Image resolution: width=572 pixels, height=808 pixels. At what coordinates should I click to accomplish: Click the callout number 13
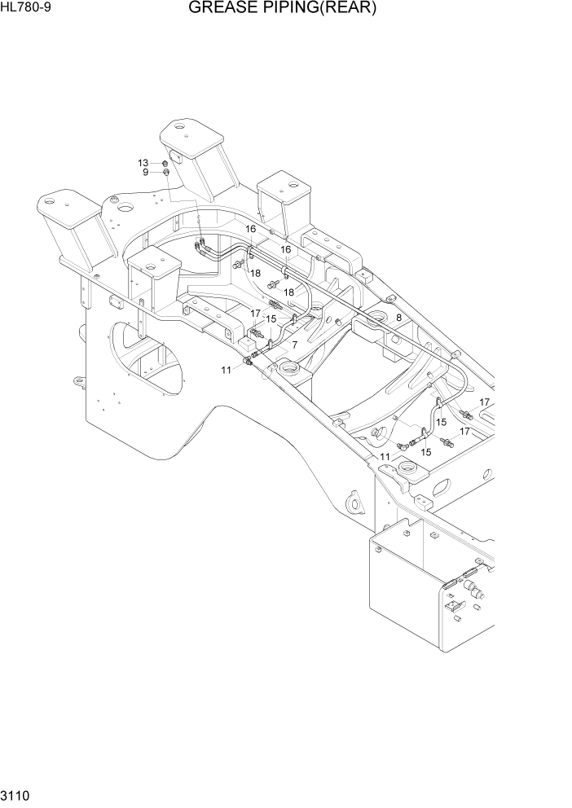click(143, 163)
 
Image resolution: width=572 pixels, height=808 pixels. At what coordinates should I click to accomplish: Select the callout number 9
click(145, 172)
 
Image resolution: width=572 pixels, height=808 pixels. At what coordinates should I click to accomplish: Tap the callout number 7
click(293, 345)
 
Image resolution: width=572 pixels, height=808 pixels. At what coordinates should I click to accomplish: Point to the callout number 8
click(398, 317)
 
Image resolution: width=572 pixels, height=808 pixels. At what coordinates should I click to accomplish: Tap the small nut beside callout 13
click(165, 164)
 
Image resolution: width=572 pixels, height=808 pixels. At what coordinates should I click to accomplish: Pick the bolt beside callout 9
click(166, 173)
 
